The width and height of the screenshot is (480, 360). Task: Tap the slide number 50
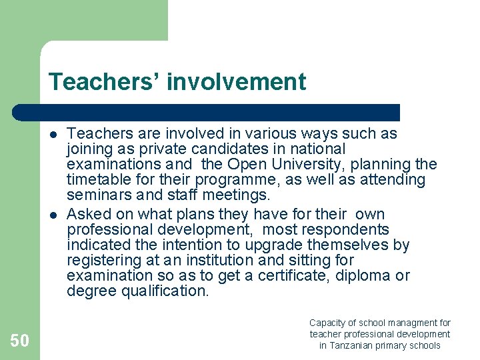(19, 341)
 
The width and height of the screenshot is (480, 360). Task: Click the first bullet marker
(52, 134)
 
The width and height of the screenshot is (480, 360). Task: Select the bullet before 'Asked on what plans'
(52, 215)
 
